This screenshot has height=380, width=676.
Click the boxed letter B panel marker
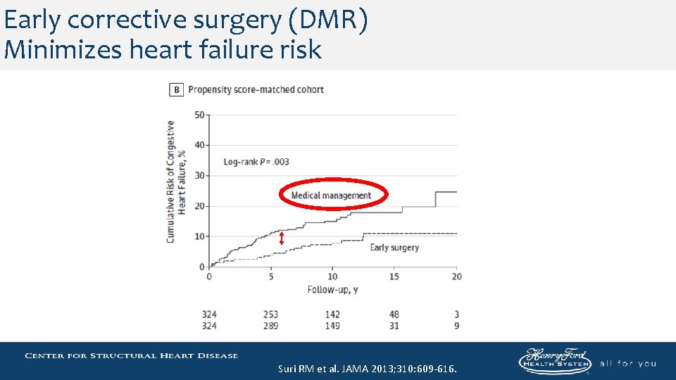click(176, 90)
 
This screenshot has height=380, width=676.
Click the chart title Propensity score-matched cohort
click(256, 90)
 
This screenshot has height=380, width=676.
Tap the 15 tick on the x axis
click(394, 277)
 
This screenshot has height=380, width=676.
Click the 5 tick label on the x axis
click(271, 277)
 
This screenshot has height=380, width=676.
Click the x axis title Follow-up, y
click(332, 289)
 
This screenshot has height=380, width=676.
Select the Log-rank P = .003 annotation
click(256, 162)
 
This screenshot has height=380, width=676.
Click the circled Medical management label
click(331, 195)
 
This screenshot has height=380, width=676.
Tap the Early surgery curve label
click(394, 248)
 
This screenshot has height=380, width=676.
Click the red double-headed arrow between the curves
click(282, 239)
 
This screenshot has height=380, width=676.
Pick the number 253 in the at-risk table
click(270, 315)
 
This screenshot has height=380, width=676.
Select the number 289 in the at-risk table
click(270, 325)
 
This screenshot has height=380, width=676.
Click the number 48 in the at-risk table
click(394, 315)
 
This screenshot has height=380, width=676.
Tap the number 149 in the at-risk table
click(332, 325)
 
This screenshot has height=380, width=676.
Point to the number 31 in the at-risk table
click(394, 325)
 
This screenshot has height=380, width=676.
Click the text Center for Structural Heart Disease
click(132, 355)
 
